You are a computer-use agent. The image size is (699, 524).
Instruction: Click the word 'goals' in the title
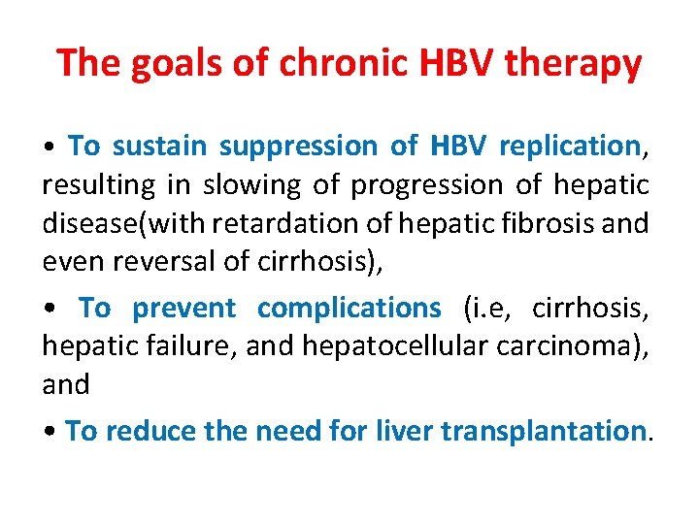point(159,64)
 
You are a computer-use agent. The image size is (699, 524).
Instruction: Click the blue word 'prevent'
point(184,309)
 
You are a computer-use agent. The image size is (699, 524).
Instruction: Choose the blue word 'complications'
point(349,309)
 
